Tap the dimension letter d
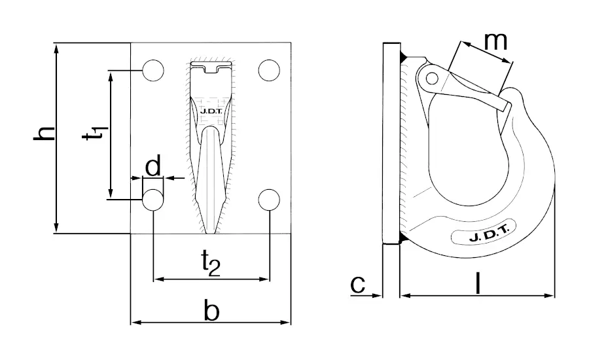click(x=153, y=167)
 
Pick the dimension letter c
click(x=357, y=284)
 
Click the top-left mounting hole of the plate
click(x=153, y=70)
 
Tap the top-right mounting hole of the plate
click(x=269, y=70)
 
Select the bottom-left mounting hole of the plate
click(x=153, y=200)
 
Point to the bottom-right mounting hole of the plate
click(x=269, y=200)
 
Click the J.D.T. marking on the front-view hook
click(x=210, y=118)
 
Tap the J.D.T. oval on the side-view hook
click(x=484, y=237)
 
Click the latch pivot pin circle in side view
click(x=431, y=79)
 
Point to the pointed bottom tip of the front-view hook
click(x=210, y=230)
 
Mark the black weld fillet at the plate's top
click(x=405, y=55)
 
